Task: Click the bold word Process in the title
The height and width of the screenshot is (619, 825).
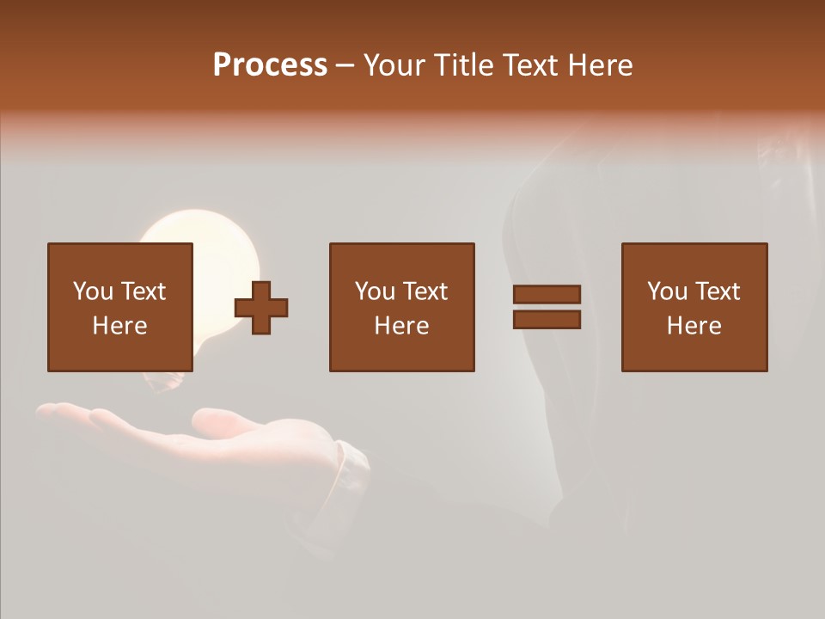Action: [x=270, y=65]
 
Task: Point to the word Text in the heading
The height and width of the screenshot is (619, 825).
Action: [x=529, y=65]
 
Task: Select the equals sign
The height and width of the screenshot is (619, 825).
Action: [x=547, y=307]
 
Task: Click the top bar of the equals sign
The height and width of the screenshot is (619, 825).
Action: [x=547, y=295]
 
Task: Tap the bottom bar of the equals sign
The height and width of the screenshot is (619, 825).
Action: [x=547, y=319]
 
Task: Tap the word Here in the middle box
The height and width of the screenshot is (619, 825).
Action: [x=401, y=326]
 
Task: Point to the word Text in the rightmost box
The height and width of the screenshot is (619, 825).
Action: [x=718, y=291]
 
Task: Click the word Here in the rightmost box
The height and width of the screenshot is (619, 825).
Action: [x=694, y=326]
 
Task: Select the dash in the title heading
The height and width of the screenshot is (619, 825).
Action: [x=345, y=65]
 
